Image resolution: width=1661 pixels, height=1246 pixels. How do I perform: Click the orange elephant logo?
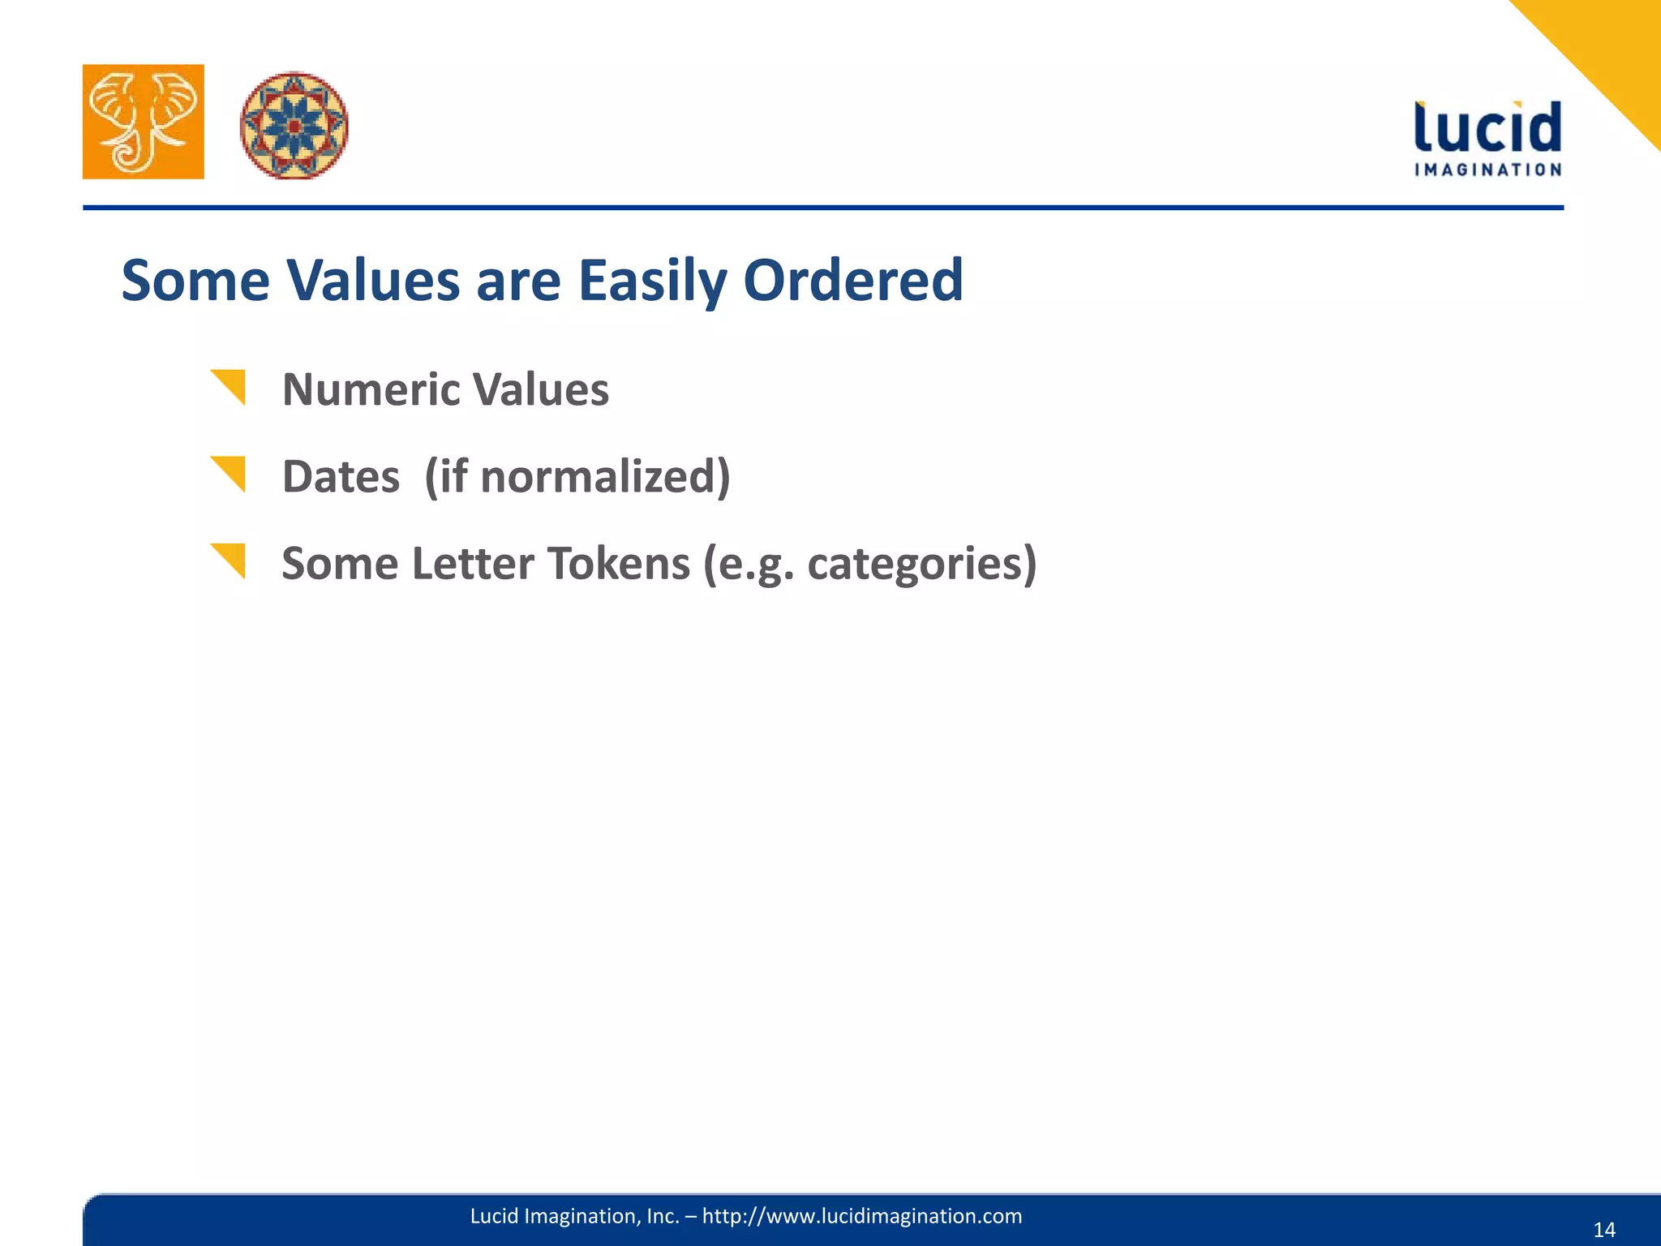[144, 122]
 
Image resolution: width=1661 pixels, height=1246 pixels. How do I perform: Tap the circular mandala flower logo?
[294, 126]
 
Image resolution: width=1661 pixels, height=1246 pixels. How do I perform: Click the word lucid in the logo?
[1487, 127]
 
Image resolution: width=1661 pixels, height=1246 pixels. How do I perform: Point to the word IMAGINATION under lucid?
[1487, 170]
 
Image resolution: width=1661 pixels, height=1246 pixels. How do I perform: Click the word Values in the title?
[373, 280]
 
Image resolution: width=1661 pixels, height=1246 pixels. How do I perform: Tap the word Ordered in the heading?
[853, 280]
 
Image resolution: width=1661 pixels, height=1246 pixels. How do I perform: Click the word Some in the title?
[195, 280]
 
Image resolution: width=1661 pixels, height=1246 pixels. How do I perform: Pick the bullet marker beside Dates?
[230, 472]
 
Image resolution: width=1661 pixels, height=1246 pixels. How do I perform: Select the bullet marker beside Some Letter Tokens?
[230, 559]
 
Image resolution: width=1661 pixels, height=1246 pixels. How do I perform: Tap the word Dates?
[341, 476]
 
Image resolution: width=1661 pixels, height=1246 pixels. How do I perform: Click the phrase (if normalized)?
[577, 476]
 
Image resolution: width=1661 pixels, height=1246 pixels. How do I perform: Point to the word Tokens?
[618, 563]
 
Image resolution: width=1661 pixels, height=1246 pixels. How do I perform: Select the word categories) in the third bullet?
[922, 563]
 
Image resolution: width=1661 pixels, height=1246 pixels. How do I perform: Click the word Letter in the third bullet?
[472, 563]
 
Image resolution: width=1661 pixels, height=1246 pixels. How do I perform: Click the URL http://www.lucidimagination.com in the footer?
[861, 1216]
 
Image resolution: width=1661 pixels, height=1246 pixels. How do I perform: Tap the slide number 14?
[1604, 1230]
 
